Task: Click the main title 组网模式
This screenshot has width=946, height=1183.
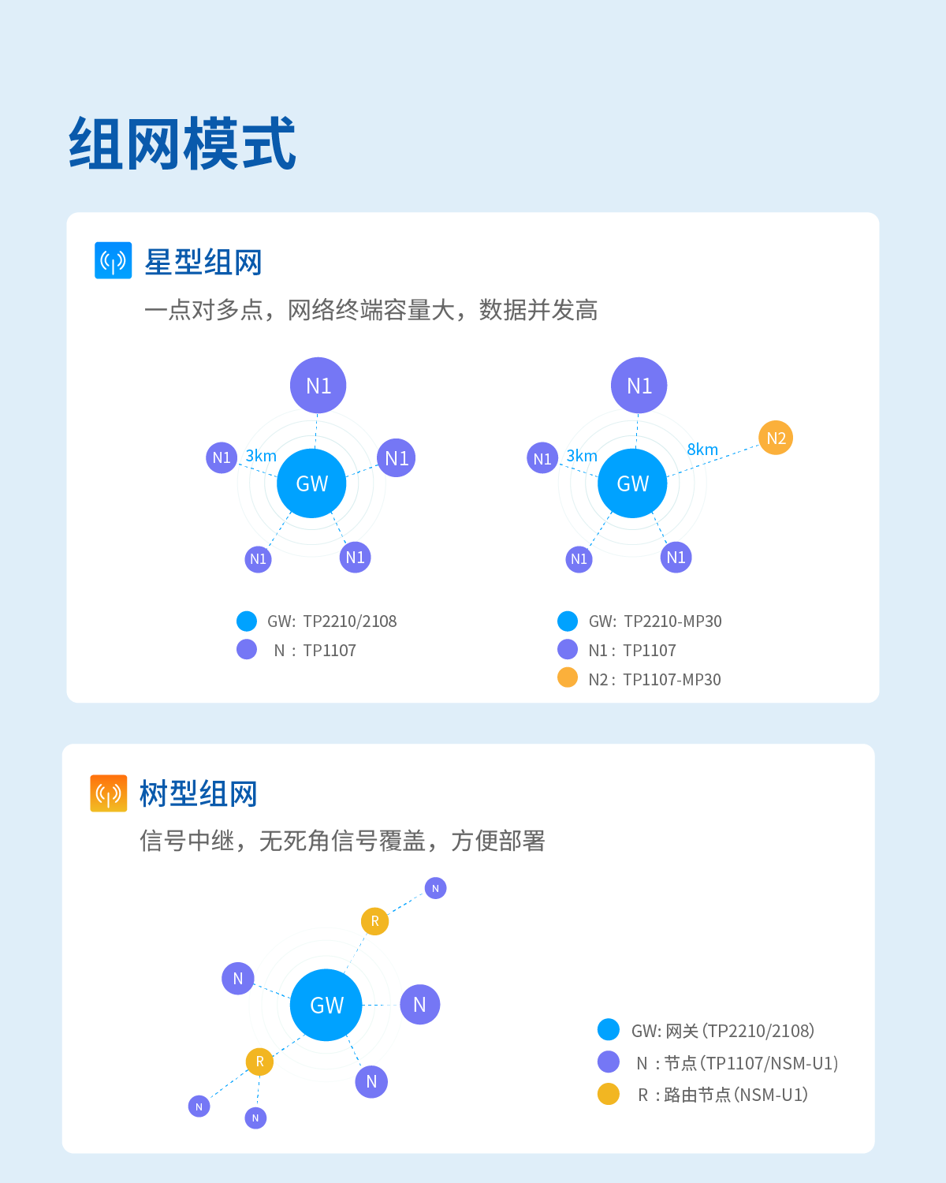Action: [x=182, y=144]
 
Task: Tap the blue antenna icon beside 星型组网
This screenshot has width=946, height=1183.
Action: [x=113, y=260]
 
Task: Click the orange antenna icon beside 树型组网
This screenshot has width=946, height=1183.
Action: [x=108, y=793]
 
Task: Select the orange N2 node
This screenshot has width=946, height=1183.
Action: [x=776, y=438]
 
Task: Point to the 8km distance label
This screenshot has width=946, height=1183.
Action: [x=702, y=450]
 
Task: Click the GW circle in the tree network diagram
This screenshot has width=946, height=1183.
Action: [x=326, y=1005]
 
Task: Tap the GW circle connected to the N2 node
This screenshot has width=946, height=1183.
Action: [x=632, y=483]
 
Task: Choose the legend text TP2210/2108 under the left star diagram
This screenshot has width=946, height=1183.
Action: [x=349, y=621]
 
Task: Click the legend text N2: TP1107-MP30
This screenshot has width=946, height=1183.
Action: [x=654, y=679]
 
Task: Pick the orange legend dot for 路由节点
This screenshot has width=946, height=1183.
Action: [x=609, y=1095]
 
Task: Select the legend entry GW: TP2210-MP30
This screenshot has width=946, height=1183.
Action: [x=654, y=621]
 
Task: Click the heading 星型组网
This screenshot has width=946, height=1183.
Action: [x=203, y=262]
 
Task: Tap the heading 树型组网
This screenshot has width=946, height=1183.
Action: [x=199, y=793]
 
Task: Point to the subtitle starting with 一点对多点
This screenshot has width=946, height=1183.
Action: [x=371, y=310]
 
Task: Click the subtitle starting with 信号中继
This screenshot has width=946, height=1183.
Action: [x=342, y=841]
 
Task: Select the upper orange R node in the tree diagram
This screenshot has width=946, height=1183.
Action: [x=374, y=921]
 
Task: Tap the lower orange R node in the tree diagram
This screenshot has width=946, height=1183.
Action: [x=259, y=1062]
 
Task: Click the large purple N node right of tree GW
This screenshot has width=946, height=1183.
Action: [x=419, y=1005]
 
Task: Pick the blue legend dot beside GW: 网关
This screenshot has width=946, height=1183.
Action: [x=609, y=1030]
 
